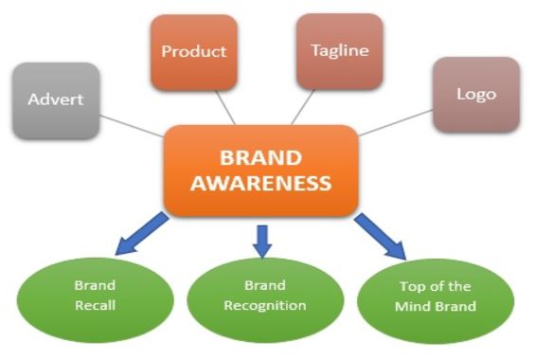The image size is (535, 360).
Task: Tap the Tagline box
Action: (338, 50)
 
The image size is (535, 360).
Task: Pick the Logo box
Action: (475, 95)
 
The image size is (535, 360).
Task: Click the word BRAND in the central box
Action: (260, 156)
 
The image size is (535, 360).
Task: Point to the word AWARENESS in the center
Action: (260, 182)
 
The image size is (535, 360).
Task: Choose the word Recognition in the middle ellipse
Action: (264, 305)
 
